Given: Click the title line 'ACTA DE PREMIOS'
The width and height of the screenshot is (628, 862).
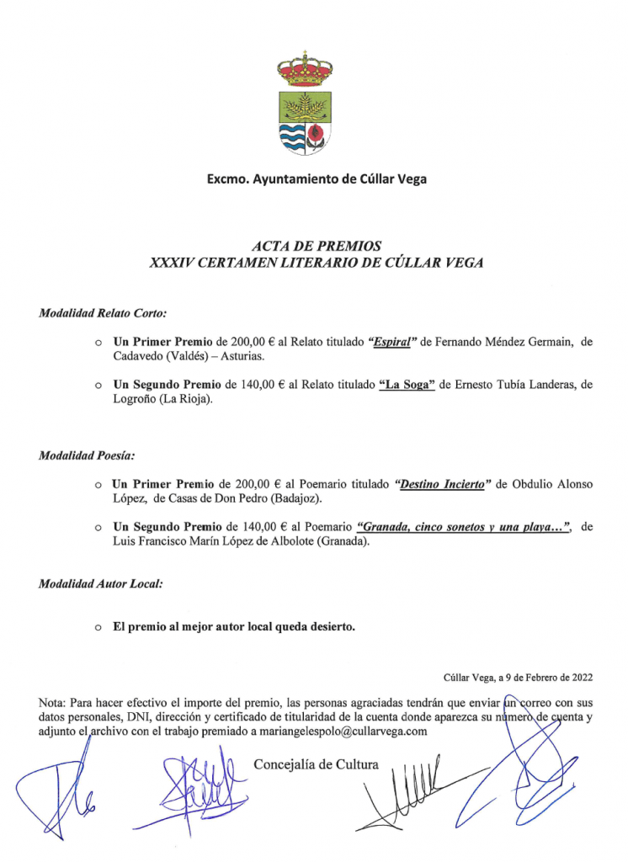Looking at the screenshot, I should click(x=317, y=247).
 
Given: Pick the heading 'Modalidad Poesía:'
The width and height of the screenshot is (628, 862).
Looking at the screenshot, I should click(x=87, y=456).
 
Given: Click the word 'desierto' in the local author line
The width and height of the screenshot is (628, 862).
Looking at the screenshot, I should click(x=319, y=627).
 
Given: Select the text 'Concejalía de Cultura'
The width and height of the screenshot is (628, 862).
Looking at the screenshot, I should click(x=317, y=764).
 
